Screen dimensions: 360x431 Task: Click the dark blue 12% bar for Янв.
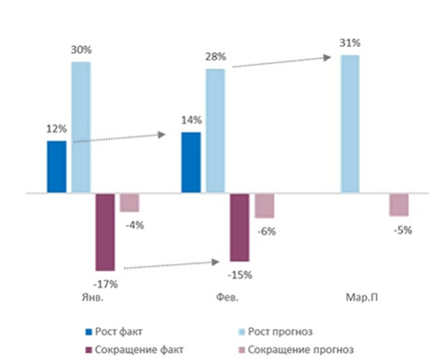coord(56,167)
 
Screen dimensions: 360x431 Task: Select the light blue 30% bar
coord(81,128)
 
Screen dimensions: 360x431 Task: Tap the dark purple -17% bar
coord(105,232)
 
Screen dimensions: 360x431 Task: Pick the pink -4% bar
coord(129,202)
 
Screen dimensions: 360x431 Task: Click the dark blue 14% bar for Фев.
coord(191,163)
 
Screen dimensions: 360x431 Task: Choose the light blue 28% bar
coord(215,131)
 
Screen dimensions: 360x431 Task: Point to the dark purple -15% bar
coord(239,227)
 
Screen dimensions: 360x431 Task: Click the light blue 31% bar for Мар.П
coord(350,124)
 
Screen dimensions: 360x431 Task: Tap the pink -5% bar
coord(399,205)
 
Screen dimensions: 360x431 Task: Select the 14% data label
coord(191,120)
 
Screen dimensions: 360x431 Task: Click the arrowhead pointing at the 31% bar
coord(327,58)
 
